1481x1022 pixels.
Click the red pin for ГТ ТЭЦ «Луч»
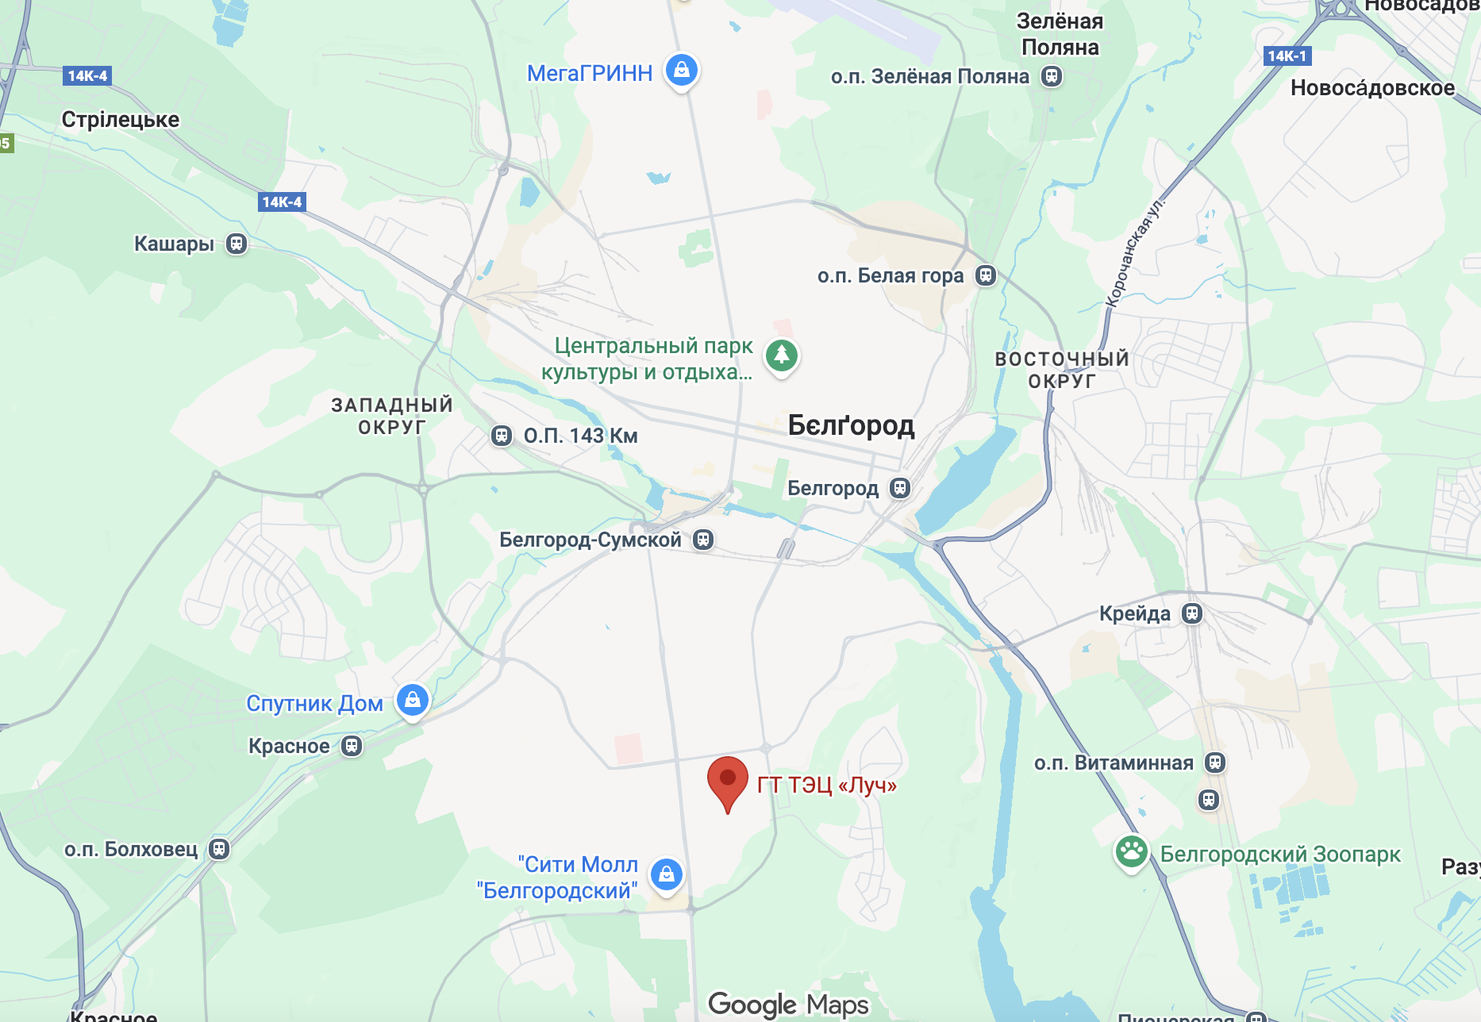pos(727,780)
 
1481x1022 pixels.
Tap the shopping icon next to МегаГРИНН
pos(681,70)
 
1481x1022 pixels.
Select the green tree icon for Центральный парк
pos(781,355)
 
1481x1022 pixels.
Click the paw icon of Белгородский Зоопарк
pos(1131,852)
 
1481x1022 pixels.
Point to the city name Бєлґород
pos(851,425)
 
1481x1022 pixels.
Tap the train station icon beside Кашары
pos(237,244)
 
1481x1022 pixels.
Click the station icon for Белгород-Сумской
pos(703,540)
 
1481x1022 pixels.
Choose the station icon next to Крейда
pos(1192,613)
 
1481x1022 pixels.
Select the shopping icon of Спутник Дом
pos(413,700)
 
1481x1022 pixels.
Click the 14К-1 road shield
pos(1287,56)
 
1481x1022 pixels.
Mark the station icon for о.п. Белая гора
pos(986,275)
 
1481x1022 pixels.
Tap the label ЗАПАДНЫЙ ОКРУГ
pos(392,416)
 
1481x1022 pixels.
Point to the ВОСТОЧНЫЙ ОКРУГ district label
pos(1062,370)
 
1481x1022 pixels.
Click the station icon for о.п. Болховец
pos(219,849)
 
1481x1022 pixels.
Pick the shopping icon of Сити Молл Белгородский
pos(667,874)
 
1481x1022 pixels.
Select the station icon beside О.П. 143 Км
pos(502,436)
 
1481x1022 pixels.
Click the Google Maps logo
pos(788,1005)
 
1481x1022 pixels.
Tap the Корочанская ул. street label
pos(1134,249)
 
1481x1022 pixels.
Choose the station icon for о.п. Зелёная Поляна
pos(1052,76)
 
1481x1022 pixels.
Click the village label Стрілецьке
pos(121,120)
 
